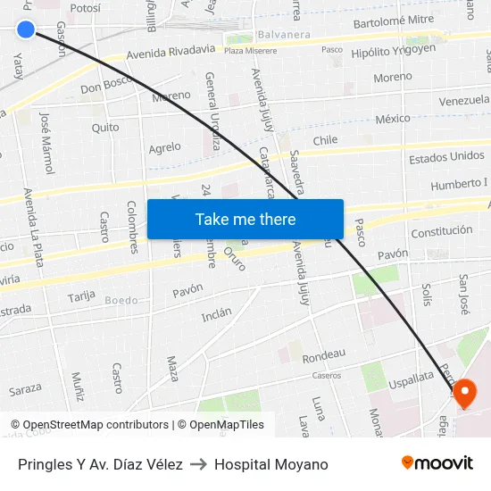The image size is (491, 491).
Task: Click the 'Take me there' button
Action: pos(245,219)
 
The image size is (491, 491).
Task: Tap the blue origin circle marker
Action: pos(26,29)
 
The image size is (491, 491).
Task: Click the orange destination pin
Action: pos(465,393)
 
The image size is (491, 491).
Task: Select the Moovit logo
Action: pos(437,463)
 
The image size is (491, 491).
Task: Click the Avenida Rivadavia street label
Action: pos(171,53)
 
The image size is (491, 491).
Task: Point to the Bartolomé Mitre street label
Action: pos(394,21)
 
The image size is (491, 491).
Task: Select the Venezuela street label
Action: pos(464,100)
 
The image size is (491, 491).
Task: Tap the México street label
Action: pos(393,119)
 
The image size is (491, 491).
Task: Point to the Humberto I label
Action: pos(459,184)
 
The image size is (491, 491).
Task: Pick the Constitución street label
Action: pos(442,231)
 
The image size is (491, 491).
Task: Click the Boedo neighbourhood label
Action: pos(121,300)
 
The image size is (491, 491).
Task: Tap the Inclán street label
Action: pos(216,314)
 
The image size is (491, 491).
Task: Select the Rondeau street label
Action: pos(323,355)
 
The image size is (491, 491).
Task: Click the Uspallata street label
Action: pos(411,378)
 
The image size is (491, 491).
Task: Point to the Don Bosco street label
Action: pos(106,87)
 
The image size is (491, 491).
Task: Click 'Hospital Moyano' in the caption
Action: pos(270,464)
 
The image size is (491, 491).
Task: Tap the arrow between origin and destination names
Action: pos(198,464)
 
